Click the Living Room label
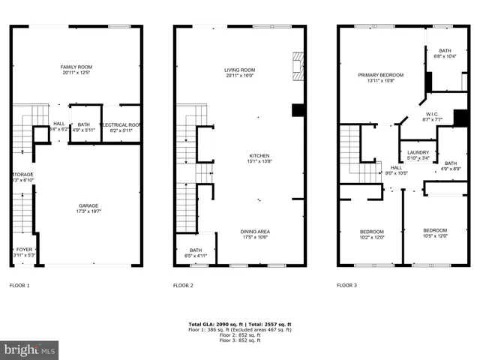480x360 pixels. pos(238,73)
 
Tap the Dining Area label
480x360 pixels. pos(255,234)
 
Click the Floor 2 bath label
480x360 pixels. pos(196,253)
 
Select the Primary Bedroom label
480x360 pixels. pos(380,78)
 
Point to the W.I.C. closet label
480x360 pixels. pos(432,117)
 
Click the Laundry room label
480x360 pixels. pos(418,155)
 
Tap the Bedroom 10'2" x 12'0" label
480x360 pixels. pos(372,234)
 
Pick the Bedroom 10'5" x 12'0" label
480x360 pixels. pos(434,233)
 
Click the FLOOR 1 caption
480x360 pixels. pos(19,286)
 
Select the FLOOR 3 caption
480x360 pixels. pos(346,286)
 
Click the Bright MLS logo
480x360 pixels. pos(30,349)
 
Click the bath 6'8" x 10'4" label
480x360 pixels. pos(445,54)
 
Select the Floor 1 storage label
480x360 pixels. pos(22,178)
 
